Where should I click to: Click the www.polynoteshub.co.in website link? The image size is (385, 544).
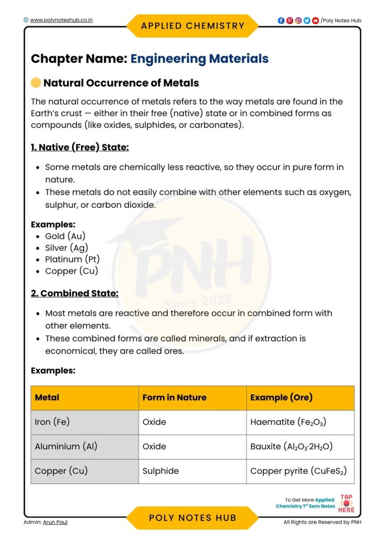point(61,20)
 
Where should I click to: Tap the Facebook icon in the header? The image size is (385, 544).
point(281,21)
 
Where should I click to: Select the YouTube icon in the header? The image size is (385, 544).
point(315,21)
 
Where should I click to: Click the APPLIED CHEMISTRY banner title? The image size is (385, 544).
point(192,25)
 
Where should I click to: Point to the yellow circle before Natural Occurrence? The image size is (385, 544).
point(36,83)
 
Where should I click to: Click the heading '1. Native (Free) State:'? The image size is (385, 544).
point(80,147)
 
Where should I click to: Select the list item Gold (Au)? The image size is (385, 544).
point(65,236)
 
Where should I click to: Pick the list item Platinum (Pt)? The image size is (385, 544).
point(72,259)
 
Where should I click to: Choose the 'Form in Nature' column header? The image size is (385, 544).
point(174,397)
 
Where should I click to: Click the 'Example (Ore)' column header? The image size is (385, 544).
point(281,397)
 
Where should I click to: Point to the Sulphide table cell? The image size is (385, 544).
point(161,471)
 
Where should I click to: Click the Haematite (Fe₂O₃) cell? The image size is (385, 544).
point(288,422)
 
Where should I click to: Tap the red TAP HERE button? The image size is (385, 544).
point(346,503)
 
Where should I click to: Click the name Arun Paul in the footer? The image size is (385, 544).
point(55,522)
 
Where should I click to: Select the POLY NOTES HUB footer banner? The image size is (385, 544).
point(192,518)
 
